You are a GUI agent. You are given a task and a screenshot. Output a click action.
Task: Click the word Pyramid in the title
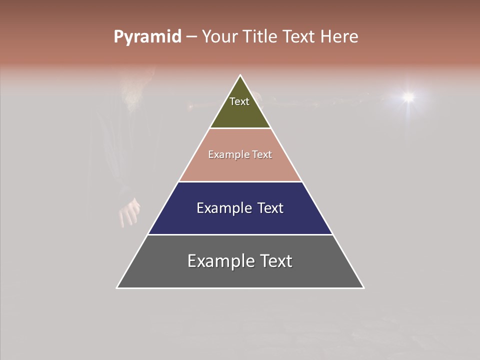147,37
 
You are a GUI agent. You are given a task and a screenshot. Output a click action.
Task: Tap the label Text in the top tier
239,101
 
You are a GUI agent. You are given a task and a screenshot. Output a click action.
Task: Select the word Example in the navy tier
222,208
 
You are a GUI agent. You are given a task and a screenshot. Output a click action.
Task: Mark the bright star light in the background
408,96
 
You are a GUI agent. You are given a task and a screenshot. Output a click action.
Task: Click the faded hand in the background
129,212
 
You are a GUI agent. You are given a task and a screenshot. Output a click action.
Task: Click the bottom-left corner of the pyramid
117,287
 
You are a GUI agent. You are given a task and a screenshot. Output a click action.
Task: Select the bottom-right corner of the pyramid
363,287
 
